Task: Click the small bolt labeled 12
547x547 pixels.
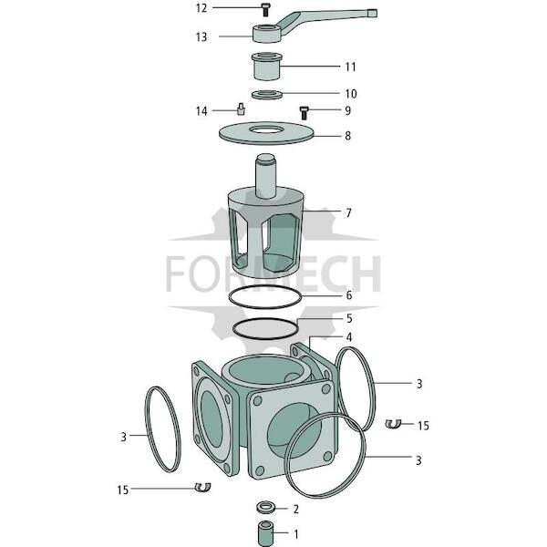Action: pos(265,10)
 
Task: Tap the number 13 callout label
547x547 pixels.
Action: pos(201,37)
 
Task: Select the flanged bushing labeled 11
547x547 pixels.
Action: pos(267,66)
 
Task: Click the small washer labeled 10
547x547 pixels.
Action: pos(267,94)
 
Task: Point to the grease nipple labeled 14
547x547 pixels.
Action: pos(241,108)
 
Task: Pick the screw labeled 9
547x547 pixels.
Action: pos(304,113)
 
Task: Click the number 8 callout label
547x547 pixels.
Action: pos(348,136)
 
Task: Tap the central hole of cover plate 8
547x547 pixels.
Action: pos(266,129)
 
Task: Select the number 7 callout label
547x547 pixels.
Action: pos(348,212)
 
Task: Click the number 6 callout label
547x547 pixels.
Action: pos(349,295)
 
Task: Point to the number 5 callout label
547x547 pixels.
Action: pos(349,318)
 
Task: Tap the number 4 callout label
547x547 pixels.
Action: pos(349,337)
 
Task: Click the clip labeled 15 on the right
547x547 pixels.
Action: pos(394,424)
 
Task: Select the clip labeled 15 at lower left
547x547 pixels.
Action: pos(202,488)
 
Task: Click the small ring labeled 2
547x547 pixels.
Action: pos(266,508)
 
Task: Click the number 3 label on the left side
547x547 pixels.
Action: pos(123,437)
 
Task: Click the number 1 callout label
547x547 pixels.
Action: pos(296,534)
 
